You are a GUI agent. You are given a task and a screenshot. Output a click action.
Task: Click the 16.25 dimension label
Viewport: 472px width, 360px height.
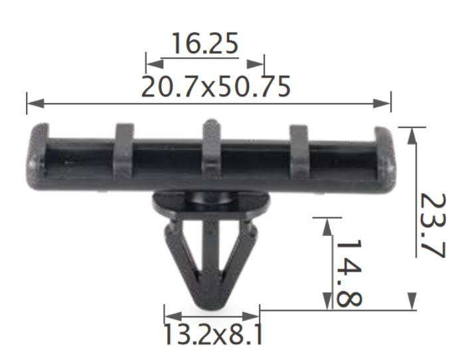(x=204, y=45)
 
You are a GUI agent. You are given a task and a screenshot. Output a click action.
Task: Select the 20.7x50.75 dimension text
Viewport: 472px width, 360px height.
(x=216, y=86)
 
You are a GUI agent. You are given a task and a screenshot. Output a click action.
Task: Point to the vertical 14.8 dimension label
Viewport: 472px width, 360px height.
(x=347, y=272)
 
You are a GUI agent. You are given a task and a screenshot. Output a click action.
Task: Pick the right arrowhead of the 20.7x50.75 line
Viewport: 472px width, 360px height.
(x=383, y=103)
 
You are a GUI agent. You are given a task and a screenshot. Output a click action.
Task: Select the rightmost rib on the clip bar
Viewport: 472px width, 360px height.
(x=299, y=147)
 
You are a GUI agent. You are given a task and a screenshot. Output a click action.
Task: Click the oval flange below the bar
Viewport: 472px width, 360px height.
(x=210, y=203)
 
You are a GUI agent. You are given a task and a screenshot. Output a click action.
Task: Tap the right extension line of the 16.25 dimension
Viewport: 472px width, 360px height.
(x=264, y=64)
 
